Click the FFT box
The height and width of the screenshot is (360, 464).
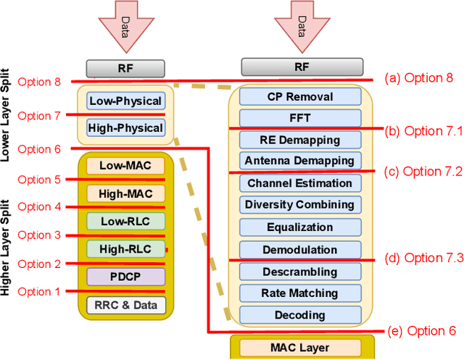point(299,117)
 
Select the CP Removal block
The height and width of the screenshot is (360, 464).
point(299,96)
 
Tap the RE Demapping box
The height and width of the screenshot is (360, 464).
point(299,139)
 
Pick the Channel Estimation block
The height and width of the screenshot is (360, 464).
point(299,183)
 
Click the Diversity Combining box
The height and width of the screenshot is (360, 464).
point(299,205)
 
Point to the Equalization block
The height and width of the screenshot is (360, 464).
point(299,227)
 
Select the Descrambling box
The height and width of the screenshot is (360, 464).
point(299,272)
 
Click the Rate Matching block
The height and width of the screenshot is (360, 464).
point(299,293)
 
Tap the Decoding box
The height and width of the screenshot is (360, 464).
point(299,315)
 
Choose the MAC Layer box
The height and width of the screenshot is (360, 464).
point(299,346)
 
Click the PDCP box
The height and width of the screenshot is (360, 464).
point(125,276)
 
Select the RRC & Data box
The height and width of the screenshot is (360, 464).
point(125,304)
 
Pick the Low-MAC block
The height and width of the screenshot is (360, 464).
point(125,165)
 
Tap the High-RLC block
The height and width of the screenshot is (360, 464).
point(125,249)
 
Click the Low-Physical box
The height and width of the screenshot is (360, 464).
point(125,101)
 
